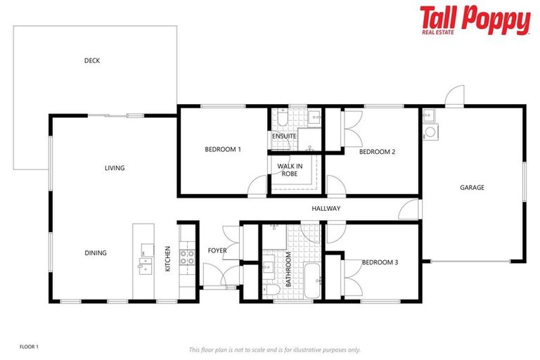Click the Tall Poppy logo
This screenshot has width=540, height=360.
tap(475, 20)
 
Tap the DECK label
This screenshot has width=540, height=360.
tap(92, 60)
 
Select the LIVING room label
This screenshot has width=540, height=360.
tap(115, 168)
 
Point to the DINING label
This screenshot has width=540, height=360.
tap(96, 253)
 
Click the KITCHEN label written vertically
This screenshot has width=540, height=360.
tap(167, 259)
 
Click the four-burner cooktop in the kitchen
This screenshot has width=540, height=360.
tap(188, 257)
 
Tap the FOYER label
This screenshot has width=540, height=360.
tap(217, 250)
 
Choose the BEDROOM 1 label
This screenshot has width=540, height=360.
tap(223, 149)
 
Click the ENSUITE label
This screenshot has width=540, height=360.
tap(283, 136)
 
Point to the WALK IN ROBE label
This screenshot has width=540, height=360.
tap(290, 170)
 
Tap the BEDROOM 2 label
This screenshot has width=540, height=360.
tap(378, 151)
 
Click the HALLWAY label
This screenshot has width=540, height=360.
tap(326, 209)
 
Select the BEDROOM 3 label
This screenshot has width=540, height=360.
tap(380, 262)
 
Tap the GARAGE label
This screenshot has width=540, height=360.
tap(472, 188)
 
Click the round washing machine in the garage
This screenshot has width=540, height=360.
tap(429, 130)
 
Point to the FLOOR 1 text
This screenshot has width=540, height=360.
tap(29, 347)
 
